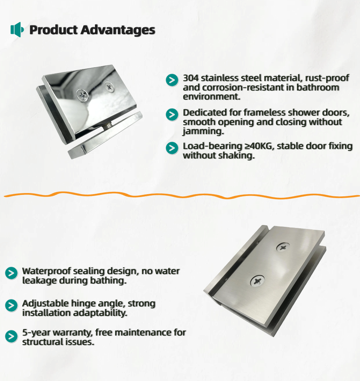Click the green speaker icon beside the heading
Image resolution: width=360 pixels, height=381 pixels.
pos(17,30)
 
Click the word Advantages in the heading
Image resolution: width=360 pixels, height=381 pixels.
pos(118,30)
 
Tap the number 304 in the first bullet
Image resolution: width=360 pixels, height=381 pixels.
pos(191,78)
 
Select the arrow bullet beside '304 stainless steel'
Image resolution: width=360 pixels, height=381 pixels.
pos(172,80)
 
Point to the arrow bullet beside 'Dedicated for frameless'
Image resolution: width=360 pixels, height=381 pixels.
pos(172,115)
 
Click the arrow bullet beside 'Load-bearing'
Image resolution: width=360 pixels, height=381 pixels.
pos(172,148)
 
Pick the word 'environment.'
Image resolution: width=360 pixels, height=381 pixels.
pos(212,96)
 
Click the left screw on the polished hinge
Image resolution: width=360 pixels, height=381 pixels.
pos(83,96)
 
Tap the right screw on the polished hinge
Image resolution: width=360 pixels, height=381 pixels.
pos(109,87)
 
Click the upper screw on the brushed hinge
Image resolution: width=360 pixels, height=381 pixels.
pos(283,247)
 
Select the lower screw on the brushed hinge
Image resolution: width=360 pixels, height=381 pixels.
pos(257,281)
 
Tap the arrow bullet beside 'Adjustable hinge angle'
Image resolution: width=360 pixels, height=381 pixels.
pos(11,305)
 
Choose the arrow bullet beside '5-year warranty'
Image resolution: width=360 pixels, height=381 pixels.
pos(11,337)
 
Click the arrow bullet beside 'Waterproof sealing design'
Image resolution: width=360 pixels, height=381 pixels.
pos(11,273)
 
